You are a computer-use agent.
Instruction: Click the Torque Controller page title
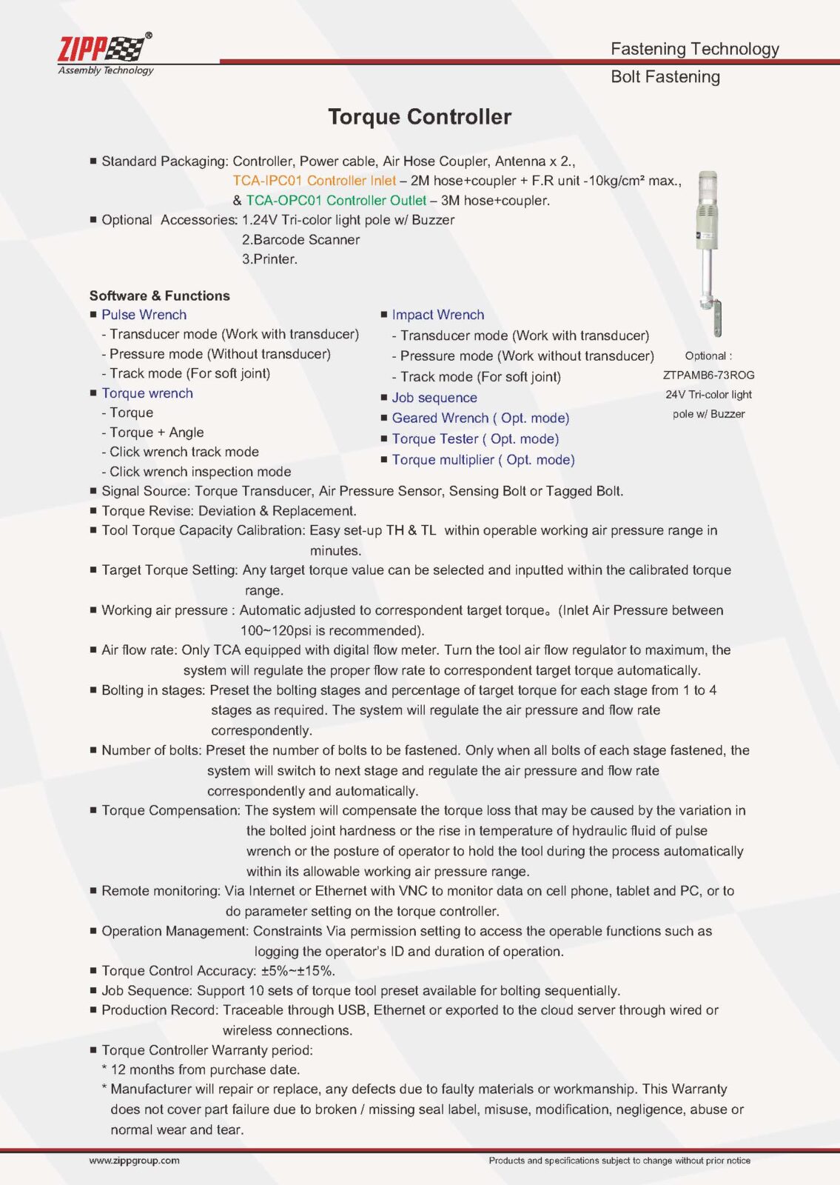(420, 117)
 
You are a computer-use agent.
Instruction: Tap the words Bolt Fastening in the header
(665, 77)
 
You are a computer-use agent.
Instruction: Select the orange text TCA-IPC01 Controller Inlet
(315, 181)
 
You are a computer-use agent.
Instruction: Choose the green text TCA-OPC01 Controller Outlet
(336, 201)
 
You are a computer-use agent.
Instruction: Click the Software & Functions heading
(159, 296)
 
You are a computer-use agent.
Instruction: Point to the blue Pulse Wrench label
(144, 315)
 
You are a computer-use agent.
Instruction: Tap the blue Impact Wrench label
(437, 315)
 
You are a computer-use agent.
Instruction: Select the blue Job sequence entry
(434, 398)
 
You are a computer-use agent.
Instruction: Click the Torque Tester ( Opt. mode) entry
(475, 439)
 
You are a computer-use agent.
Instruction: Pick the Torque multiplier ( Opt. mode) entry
(483, 460)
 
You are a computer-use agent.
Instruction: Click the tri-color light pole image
(708, 252)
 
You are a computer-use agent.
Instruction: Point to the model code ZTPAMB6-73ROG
(708, 375)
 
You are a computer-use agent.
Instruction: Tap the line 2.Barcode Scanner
(300, 240)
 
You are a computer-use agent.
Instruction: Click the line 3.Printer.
(269, 259)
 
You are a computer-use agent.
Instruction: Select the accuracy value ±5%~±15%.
(298, 971)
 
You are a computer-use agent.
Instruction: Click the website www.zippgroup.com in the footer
(134, 1161)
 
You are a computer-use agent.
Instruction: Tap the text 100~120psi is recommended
(332, 631)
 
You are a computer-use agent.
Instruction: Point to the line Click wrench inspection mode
(200, 472)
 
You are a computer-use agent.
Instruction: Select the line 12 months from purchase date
(204, 1069)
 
